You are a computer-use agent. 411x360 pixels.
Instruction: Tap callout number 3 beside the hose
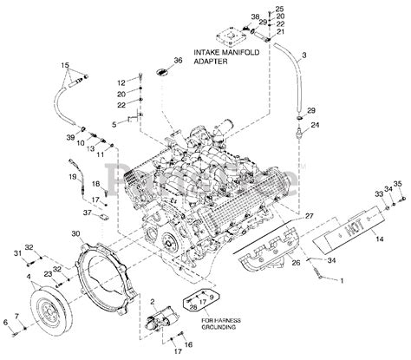304,56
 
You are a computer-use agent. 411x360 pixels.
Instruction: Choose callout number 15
63,65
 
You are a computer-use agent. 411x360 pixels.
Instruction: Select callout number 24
315,126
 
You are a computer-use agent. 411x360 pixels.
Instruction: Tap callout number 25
279,8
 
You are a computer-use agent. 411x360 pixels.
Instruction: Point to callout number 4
29,277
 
